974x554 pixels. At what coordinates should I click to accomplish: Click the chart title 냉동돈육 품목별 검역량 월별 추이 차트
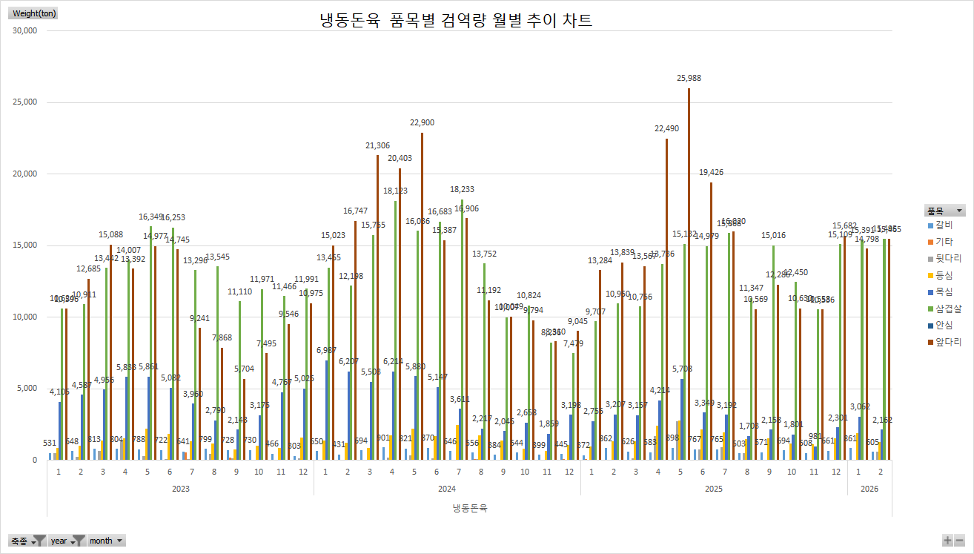point(456,21)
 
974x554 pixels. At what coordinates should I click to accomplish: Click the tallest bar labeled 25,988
point(689,274)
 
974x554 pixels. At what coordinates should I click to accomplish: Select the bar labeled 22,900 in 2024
point(422,297)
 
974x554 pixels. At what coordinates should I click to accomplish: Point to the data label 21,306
point(377,145)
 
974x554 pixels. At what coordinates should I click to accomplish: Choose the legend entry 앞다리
point(944,343)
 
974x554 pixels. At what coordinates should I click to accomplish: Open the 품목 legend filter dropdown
point(960,211)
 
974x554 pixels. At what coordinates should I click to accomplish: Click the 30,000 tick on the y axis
point(25,31)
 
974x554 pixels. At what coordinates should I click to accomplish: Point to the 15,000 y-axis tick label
point(25,245)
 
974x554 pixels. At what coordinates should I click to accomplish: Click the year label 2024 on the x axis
point(447,489)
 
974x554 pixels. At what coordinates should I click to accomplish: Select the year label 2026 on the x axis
point(869,489)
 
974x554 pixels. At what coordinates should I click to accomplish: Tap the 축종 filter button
point(28,541)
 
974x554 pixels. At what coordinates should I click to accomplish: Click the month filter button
point(106,541)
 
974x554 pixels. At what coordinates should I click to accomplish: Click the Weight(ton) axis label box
point(34,13)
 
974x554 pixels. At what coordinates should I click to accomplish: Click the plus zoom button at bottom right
point(947,541)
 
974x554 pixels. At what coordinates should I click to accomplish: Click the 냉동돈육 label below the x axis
point(469,508)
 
